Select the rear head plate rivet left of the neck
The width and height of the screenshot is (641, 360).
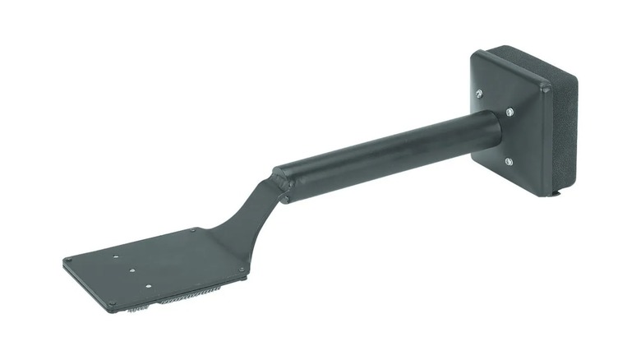[x=194, y=231]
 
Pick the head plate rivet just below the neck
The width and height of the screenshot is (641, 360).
[x=242, y=269]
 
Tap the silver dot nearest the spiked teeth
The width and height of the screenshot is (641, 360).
[x=148, y=286]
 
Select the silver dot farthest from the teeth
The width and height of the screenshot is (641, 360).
[x=117, y=254]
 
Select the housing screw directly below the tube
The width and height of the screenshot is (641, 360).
[x=509, y=161]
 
